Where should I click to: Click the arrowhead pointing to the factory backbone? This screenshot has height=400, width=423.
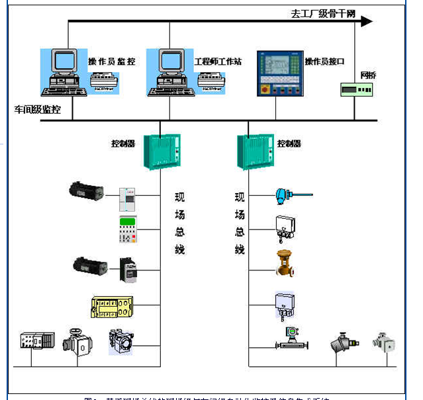(x=366, y=21)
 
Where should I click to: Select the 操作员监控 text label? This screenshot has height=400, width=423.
(x=111, y=61)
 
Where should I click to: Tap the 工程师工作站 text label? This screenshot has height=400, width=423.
(x=217, y=61)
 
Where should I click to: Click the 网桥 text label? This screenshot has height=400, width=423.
(x=369, y=74)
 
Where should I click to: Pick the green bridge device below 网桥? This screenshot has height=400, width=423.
(x=357, y=89)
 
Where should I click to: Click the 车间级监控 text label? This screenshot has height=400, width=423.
(x=38, y=110)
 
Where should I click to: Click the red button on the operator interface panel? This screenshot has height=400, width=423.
(x=264, y=89)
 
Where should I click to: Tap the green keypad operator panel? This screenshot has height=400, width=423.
(x=128, y=229)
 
